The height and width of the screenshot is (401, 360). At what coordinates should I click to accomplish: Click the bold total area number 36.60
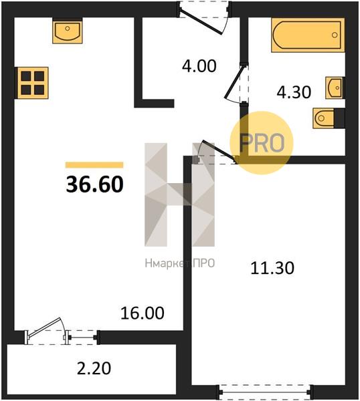point(95,184)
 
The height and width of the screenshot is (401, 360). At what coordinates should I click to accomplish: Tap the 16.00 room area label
point(143,313)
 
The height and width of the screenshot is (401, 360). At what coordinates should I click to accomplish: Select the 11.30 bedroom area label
point(272,268)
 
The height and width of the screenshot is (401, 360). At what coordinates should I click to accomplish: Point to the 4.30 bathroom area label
point(294,92)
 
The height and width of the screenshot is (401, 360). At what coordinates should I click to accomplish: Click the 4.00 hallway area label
point(199,65)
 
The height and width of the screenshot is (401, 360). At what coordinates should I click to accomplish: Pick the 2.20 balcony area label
point(94,368)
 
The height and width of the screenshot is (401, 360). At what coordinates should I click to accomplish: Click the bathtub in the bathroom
point(308,35)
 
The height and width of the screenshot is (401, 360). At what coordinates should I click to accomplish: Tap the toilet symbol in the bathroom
point(324,118)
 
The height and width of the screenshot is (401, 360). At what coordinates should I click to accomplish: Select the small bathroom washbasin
point(334,88)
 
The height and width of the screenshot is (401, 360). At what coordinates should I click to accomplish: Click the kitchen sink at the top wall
point(68,31)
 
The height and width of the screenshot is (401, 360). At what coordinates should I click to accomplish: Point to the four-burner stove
point(33,83)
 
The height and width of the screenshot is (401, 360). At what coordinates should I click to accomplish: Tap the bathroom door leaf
point(234,82)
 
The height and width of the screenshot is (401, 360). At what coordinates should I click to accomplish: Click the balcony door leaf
point(44,327)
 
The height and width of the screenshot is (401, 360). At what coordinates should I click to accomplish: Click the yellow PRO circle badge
point(262,143)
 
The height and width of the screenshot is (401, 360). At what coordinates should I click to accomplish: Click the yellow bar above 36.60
point(94,165)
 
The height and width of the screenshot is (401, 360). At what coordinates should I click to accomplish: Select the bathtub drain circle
point(335,35)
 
